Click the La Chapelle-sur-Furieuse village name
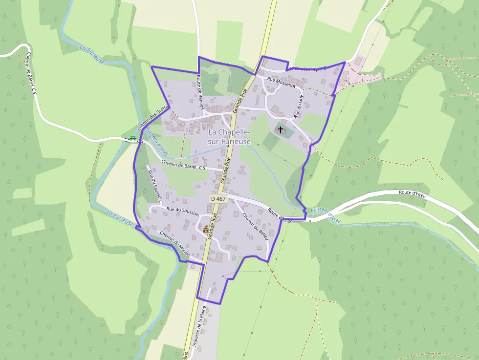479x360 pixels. pyautogui.click(x=229, y=137)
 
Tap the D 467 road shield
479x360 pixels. pyautogui.click(x=218, y=199)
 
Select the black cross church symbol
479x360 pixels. pyautogui.click(x=281, y=129)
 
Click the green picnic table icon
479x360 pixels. pyautogui.click(x=132, y=139)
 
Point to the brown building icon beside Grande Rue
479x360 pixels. pyautogui.click(x=206, y=229)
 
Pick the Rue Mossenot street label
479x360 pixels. pyautogui.click(x=282, y=82)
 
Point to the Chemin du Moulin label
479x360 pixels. pyautogui.click(x=174, y=240)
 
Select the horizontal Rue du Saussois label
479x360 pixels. pyautogui.click(x=182, y=211)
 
